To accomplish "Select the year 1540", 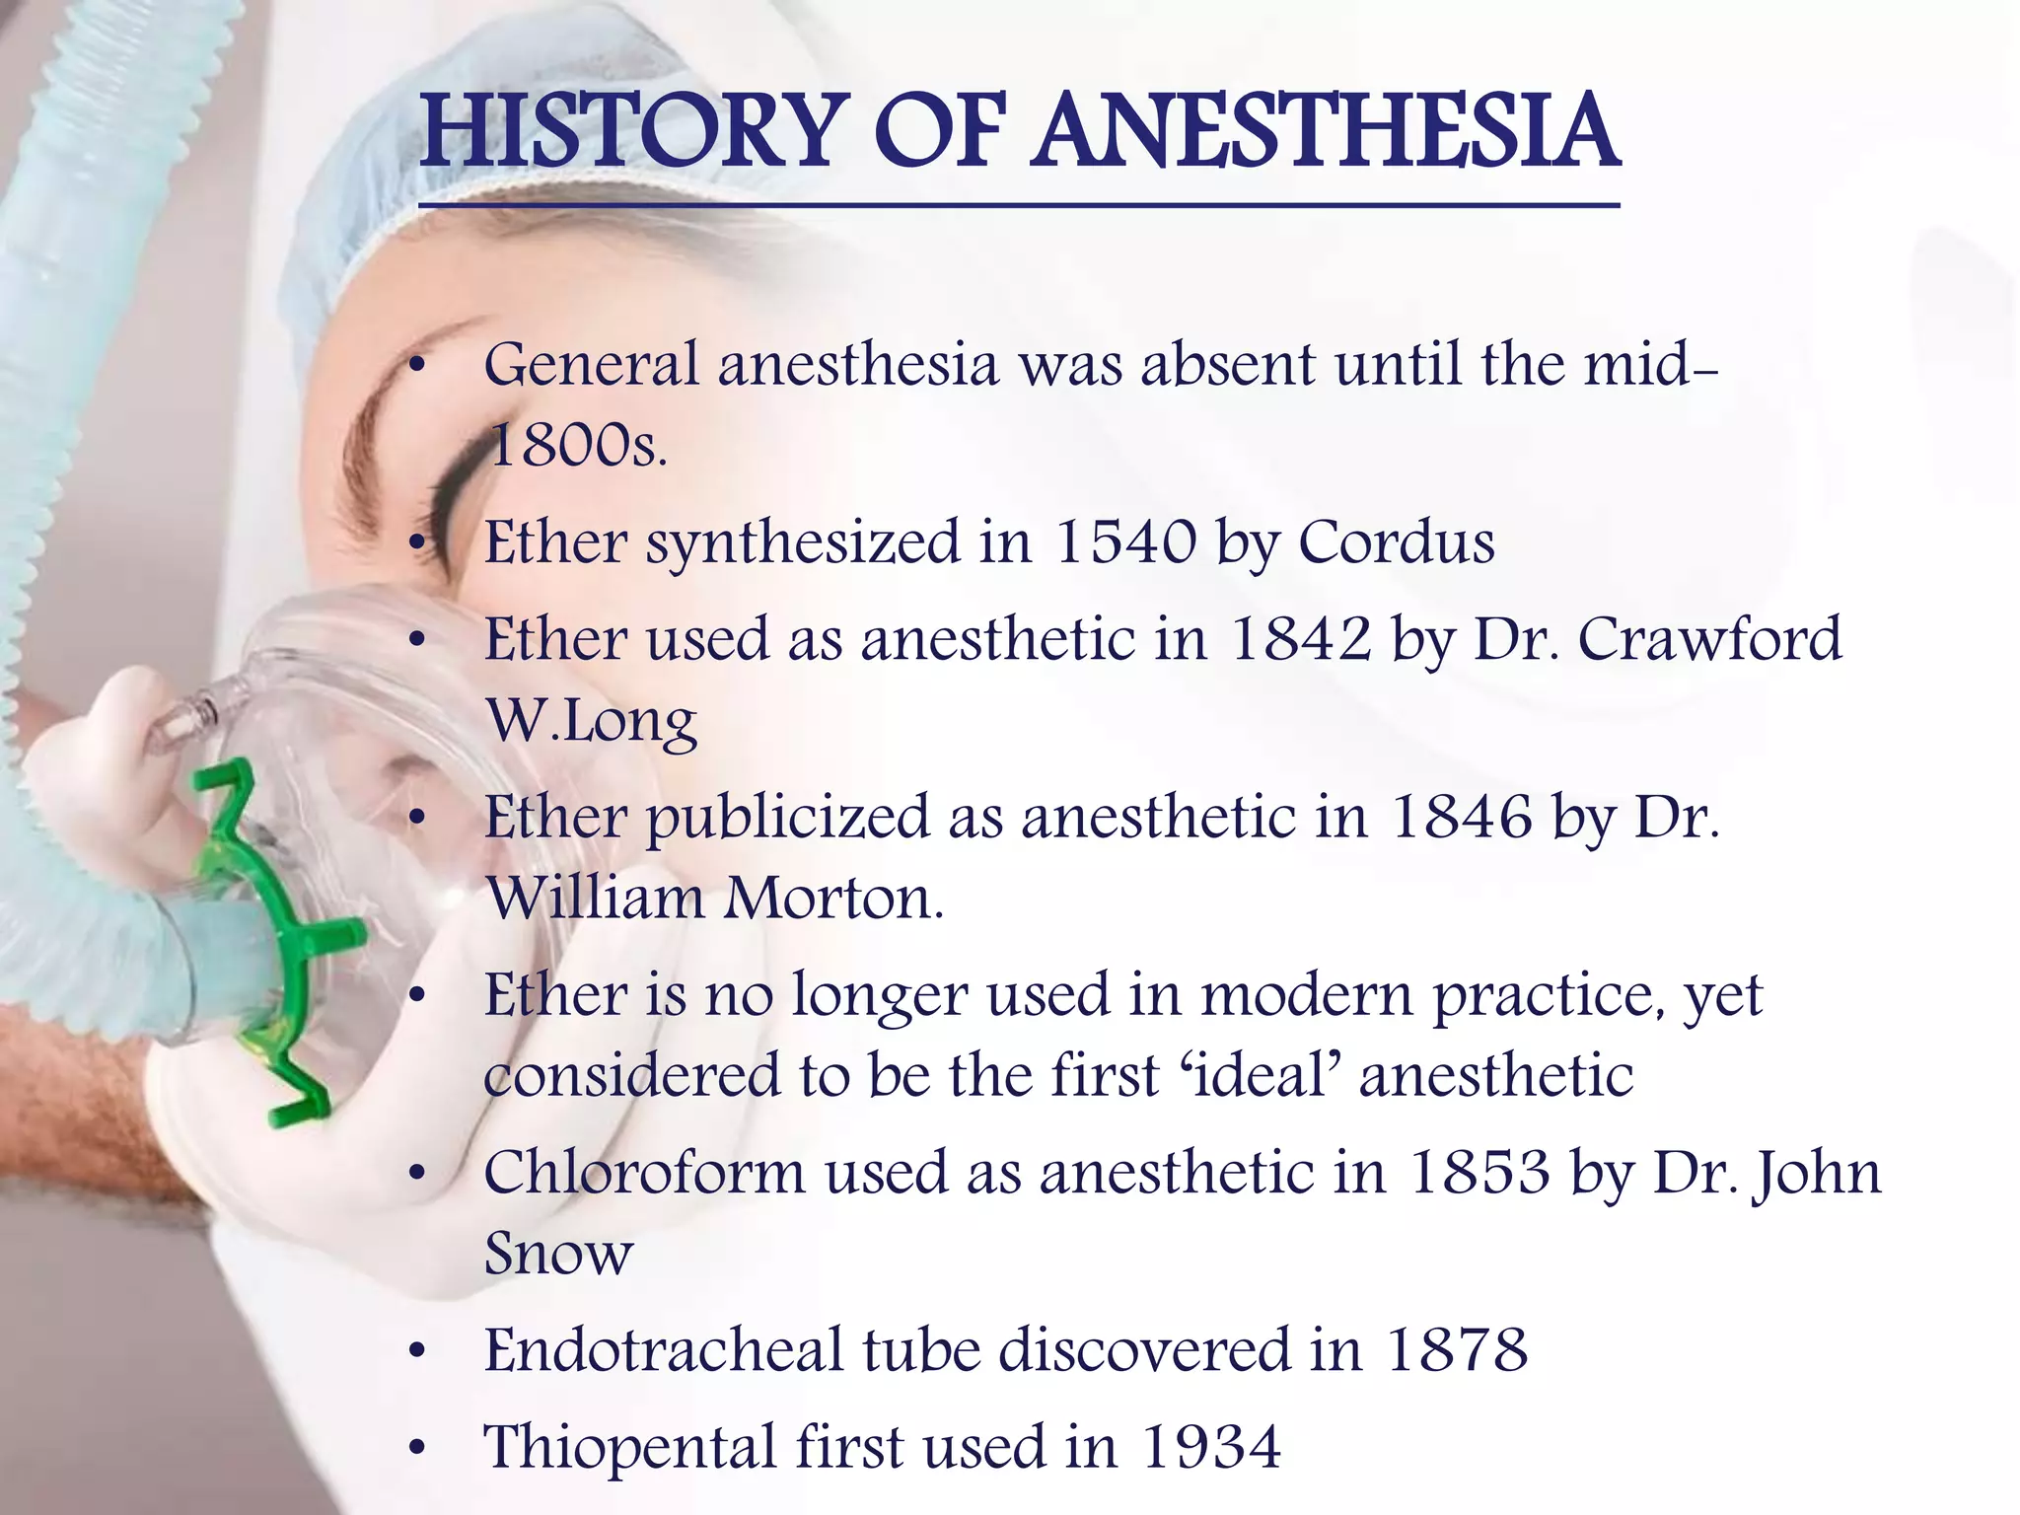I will coord(1125,542).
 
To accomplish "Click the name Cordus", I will coord(1396,542).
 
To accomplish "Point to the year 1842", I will coord(1301,639).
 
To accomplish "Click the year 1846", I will coord(1461,818).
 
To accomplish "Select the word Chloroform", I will coord(644,1173).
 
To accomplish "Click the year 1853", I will coord(1479,1173).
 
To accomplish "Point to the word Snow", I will coord(557,1254).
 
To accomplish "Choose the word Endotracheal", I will coord(663,1350).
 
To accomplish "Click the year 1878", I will coord(1457,1350).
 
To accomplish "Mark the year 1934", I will coord(1211,1447).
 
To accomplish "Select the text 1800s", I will coord(577,446).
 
